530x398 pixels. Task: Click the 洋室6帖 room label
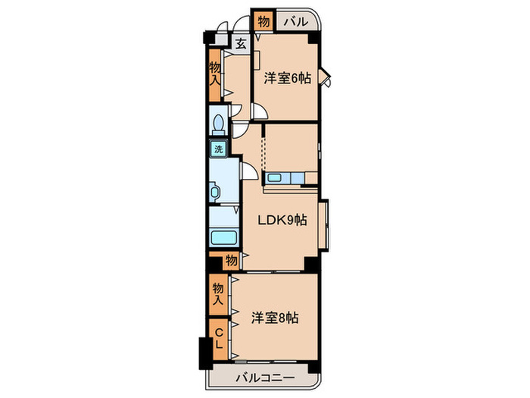coord(287,78)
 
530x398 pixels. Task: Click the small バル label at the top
coord(295,22)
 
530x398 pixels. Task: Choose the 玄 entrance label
coord(240,44)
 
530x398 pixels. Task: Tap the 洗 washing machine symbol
coord(218,149)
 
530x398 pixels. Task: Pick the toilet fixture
coord(218,122)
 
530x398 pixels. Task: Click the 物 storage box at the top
coord(263,21)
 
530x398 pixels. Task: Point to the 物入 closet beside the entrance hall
coord(215,74)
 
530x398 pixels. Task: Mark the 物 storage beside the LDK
coord(231,261)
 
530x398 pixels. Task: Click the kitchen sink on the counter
coord(275,179)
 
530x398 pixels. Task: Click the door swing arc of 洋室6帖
coord(259,113)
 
